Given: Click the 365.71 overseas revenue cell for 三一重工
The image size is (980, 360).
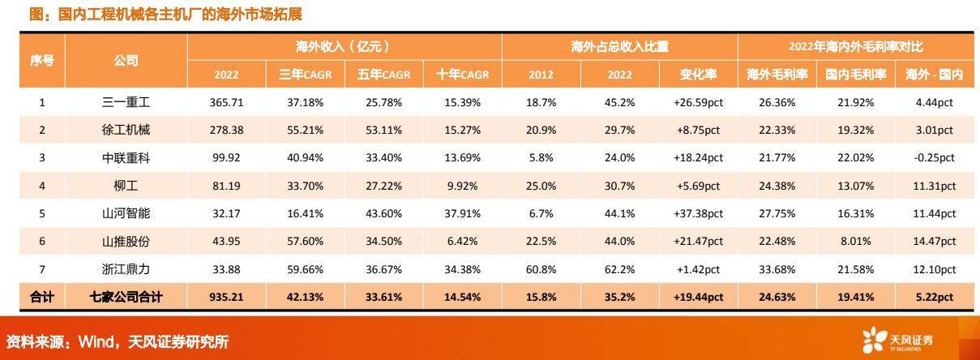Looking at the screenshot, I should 226,103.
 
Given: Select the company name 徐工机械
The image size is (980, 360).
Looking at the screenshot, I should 127,129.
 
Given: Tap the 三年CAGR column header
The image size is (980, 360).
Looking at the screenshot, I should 305,75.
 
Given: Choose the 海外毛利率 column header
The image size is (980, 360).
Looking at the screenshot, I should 776,75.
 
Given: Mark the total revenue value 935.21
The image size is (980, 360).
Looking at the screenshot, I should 226,298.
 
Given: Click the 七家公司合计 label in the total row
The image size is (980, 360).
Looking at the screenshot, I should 127,298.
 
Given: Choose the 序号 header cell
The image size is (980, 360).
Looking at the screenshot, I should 42,60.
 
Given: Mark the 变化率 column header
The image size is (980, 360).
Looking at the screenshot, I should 698,75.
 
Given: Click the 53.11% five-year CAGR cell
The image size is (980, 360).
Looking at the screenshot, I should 383,129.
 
